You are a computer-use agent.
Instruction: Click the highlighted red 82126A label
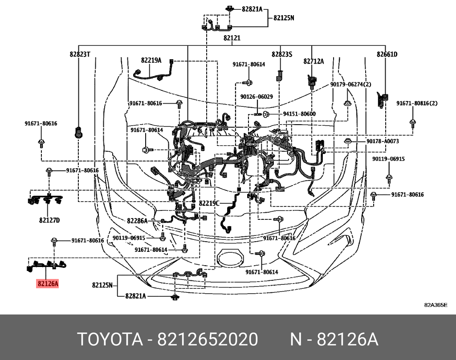[x=48, y=283]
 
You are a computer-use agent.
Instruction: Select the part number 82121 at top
[x=232, y=38]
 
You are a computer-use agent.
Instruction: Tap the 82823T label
[x=80, y=54]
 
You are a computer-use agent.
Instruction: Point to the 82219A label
[x=151, y=61]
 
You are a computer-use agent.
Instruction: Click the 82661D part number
[x=387, y=54]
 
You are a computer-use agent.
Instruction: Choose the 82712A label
[x=313, y=61]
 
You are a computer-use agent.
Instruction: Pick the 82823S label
[x=281, y=54]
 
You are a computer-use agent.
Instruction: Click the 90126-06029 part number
[x=256, y=97]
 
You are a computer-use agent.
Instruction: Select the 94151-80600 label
[x=299, y=114]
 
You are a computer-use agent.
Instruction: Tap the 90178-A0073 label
[x=383, y=141]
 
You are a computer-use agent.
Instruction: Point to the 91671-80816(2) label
[x=417, y=103]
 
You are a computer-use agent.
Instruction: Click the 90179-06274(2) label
[x=350, y=84]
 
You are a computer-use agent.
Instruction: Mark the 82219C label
[x=209, y=203]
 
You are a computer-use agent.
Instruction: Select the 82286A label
[x=137, y=220]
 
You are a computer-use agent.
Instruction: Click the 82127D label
[x=49, y=220]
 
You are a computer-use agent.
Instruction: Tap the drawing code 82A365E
[x=435, y=305]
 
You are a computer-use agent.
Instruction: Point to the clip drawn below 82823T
[x=79, y=132]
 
